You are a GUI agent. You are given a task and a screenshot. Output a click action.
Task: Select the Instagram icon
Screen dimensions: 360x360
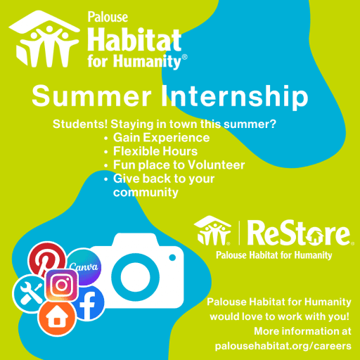(62, 285)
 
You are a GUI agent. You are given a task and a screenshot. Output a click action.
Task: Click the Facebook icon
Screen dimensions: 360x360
(89, 302)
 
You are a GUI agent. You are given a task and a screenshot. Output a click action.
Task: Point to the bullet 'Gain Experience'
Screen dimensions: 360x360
(161, 138)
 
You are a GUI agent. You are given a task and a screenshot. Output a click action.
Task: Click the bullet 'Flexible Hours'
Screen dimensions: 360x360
(155, 151)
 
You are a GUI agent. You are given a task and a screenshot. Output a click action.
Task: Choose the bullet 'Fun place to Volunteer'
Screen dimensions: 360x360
(179, 165)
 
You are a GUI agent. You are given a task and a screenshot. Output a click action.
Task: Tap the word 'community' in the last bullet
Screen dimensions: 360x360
(146, 192)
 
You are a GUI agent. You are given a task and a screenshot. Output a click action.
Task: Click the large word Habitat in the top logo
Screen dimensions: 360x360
(134, 39)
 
